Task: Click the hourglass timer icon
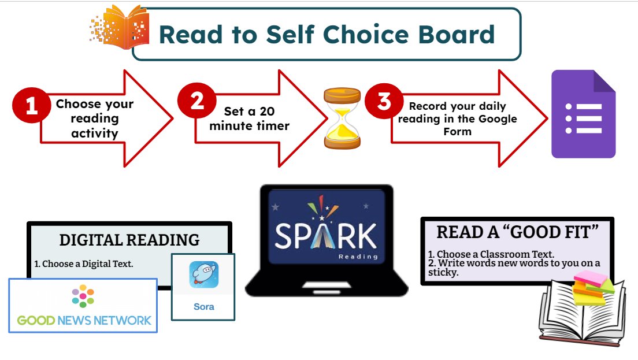(342, 118)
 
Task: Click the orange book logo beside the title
(119, 25)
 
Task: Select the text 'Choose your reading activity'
(95, 118)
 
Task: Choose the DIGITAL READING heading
(129, 240)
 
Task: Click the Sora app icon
(203, 275)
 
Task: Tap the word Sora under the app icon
(203, 306)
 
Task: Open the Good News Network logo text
(84, 320)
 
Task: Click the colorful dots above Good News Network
(83, 295)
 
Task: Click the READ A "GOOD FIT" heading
(517, 232)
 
